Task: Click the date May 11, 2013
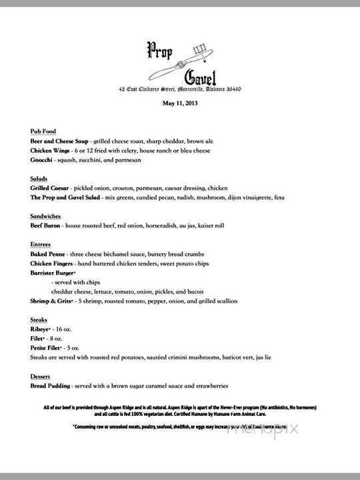(180, 103)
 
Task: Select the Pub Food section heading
(44, 132)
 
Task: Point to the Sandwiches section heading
(47, 217)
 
